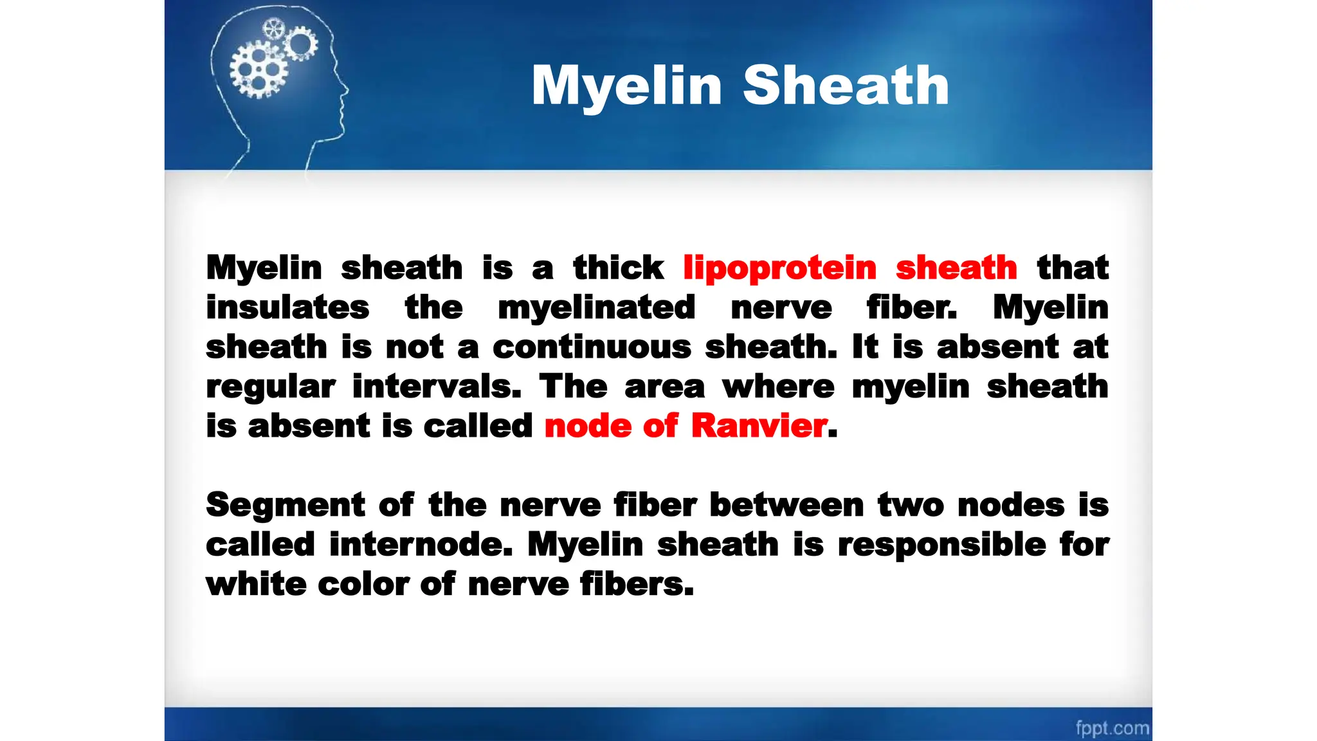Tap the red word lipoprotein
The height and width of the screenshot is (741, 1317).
tap(779, 268)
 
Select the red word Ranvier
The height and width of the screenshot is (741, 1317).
tap(759, 426)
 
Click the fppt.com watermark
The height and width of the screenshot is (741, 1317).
tap(1112, 728)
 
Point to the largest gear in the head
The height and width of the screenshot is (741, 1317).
tap(258, 69)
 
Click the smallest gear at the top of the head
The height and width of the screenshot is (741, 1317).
tap(274, 29)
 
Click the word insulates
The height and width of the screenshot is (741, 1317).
tap(287, 307)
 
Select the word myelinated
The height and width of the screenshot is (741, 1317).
tap(596, 307)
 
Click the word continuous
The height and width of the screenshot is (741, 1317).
tap(592, 347)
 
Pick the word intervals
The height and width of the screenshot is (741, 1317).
tap(437, 387)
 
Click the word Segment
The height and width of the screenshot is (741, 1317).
tap(286, 505)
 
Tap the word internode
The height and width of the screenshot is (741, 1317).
tap(421, 545)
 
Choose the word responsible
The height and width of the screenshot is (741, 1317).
tap(941, 545)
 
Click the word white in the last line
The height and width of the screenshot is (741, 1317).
tap(256, 585)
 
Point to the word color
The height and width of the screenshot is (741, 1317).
tap(363, 585)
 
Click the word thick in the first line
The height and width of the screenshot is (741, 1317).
tap(618, 268)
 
